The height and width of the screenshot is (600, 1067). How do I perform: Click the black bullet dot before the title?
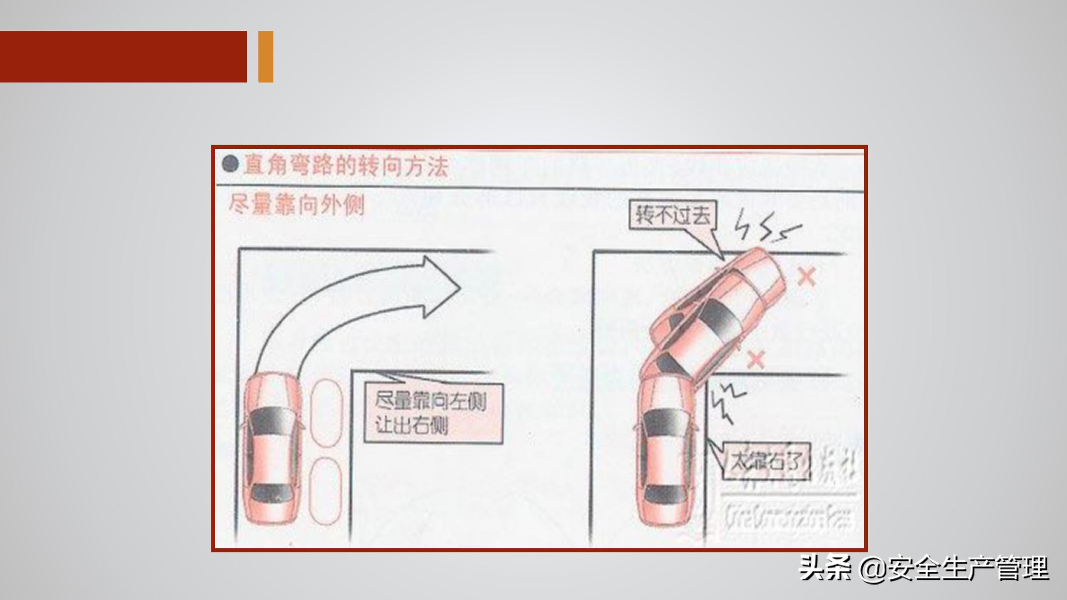(x=230, y=164)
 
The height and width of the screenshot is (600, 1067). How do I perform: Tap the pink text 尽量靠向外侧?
(x=296, y=205)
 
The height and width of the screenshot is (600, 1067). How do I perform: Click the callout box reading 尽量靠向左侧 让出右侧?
(x=433, y=413)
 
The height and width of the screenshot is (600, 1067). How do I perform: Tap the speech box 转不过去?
(x=672, y=215)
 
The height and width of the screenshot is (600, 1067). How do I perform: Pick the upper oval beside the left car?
(x=326, y=412)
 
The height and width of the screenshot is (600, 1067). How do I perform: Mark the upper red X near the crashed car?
(x=807, y=277)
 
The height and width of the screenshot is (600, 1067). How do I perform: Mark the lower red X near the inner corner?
(x=756, y=359)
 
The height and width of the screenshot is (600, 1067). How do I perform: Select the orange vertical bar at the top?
(x=265, y=56)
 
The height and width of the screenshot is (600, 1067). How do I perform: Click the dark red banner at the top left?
(x=123, y=56)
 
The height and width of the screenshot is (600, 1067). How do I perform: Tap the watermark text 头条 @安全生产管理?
(x=923, y=568)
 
